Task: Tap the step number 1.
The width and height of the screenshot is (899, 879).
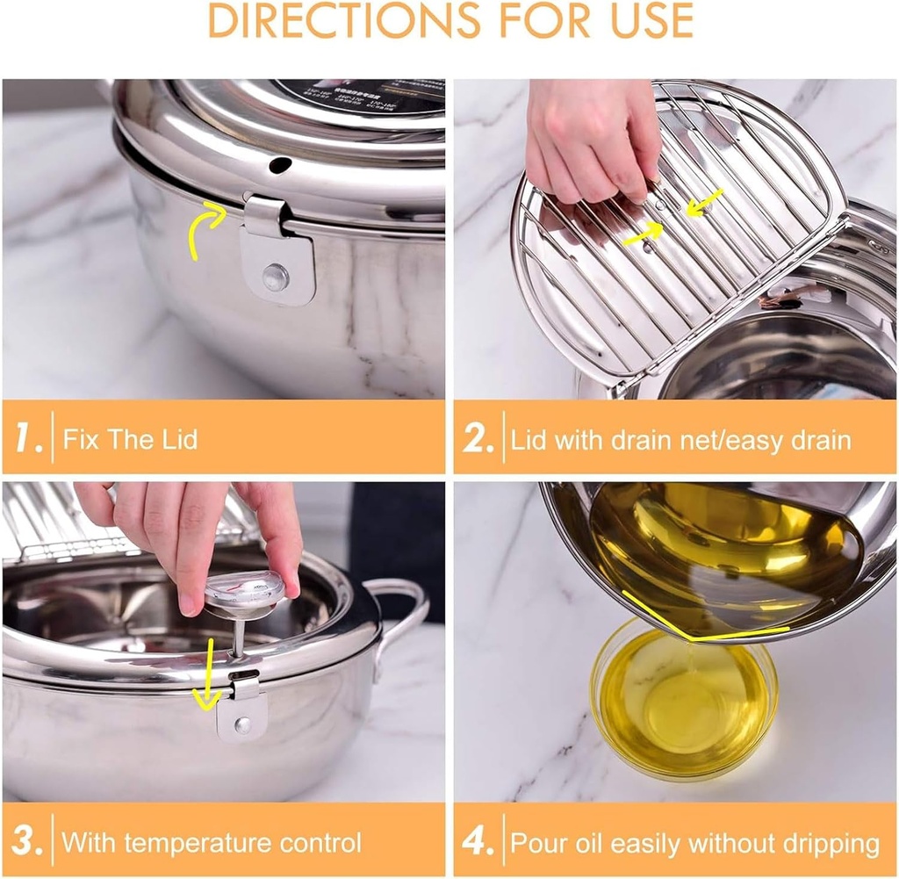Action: pyautogui.click(x=29, y=438)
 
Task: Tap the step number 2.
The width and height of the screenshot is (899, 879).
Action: pyautogui.click(x=478, y=438)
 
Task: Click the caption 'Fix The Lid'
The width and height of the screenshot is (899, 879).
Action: pyautogui.click(x=130, y=438)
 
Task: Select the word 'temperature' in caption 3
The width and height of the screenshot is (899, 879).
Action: pyautogui.click(x=201, y=843)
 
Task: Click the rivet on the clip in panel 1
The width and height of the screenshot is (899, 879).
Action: pyautogui.click(x=275, y=277)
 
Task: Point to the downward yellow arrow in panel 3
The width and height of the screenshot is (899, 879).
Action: pyautogui.click(x=207, y=675)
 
